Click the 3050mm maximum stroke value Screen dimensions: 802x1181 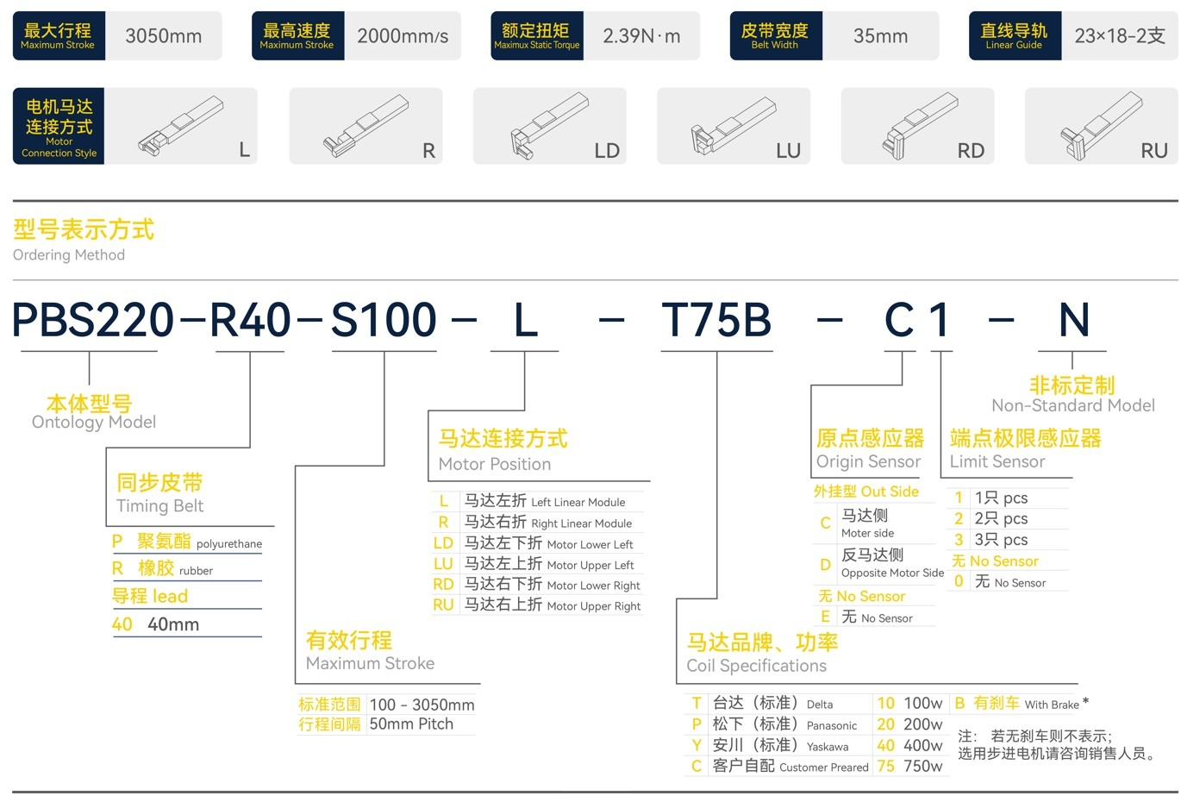[163, 36]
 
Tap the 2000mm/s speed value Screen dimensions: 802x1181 [403, 36]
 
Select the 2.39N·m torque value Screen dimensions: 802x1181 [641, 36]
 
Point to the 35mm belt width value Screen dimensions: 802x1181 [880, 36]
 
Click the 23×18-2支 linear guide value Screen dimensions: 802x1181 [1119, 36]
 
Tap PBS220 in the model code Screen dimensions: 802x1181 [93, 321]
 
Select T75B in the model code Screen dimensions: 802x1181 [716, 321]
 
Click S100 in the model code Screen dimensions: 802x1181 [384, 321]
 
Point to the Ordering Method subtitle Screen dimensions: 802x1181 [69, 255]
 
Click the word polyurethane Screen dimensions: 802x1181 [229, 544]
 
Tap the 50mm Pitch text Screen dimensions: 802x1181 [411, 724]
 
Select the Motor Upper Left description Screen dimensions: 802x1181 [590, 565]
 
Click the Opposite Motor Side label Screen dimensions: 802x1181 [892, 573]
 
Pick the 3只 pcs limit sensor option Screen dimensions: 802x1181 [1001, 540]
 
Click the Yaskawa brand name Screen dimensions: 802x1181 [828, 747]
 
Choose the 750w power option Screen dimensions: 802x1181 [922, 766]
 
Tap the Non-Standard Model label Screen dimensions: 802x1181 [1072, 405]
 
